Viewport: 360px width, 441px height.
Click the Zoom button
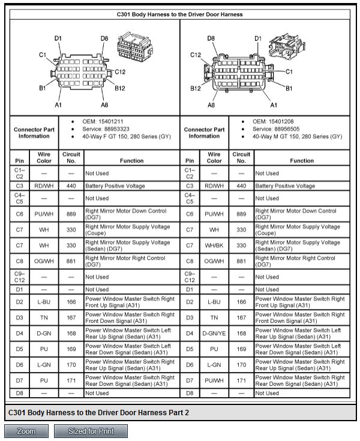[26, 431]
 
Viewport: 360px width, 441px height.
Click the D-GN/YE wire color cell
[214, 333]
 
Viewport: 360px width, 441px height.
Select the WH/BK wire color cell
[214, 245]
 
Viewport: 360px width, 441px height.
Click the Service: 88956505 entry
[276, 129]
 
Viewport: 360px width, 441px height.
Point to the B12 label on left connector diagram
[120, 88]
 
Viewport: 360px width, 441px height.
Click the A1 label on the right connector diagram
[274, 105]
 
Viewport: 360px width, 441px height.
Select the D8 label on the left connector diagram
[104, 38]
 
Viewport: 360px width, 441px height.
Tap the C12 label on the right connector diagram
[196, 55]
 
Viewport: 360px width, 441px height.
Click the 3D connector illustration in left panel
[135, 47]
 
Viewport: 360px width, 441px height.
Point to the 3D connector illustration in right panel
[287, 47]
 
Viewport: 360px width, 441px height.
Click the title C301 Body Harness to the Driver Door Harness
[180, 14]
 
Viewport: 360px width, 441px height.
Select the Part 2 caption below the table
[98, 413]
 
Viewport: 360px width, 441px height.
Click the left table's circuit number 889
[71, 214]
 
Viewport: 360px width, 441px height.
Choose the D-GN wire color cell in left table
[44, 333]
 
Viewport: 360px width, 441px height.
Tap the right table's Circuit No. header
[241, 157]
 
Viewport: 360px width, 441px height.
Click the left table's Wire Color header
[44, 157]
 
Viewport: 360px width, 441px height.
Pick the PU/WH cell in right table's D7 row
[214, 380]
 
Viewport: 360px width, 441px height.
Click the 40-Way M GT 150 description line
[297, 137]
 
